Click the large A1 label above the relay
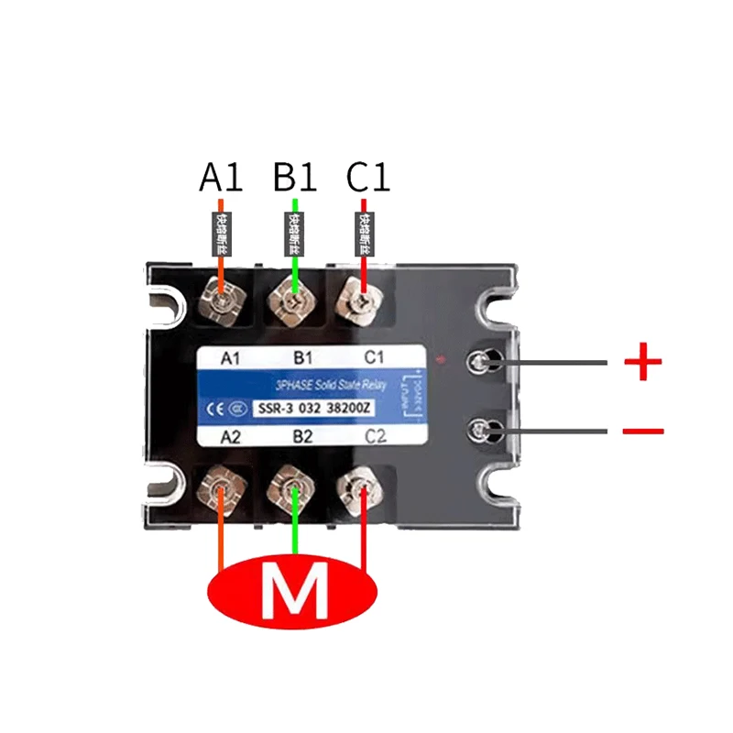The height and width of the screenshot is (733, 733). point(221,178)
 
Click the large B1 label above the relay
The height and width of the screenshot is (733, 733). point(294,178)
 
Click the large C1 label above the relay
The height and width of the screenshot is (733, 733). point(367,178)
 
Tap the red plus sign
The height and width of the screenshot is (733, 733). point(642,363)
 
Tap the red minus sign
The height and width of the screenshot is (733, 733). point(642,430)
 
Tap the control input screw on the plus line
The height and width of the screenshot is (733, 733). point(483,363)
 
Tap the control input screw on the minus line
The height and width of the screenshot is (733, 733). point(483,430)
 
